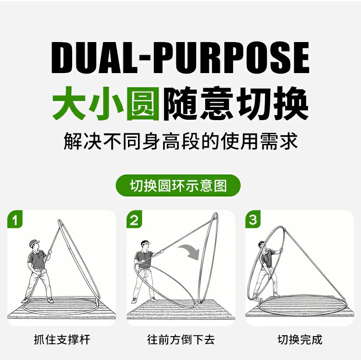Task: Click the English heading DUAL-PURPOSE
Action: (x=180, y=58)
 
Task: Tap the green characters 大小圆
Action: (x=106, y=103)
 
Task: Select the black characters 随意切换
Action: (x=235, y=103)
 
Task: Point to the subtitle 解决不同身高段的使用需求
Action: (x=180, y=141)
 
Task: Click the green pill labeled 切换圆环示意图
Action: (x=178, y=185)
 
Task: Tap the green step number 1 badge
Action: (x=15, y=219)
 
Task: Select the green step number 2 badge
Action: (x=134, y=219)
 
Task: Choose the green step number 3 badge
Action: (x=253, y=219)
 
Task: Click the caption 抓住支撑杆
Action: (x=62, y=339)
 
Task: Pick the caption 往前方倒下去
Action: (x=181, y=339)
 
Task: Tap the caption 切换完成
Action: (x=300, y=339)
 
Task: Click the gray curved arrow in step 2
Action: (x=189, y=252)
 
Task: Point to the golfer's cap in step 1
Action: (x=34, y=243)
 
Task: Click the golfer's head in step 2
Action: (x=145, y=245)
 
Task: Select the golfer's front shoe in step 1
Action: (x=50, y=300)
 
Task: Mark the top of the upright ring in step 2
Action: (x=216, y=215)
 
